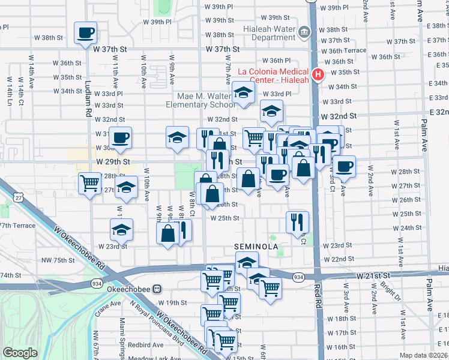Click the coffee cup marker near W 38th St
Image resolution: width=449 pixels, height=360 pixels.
(x=85, y=32)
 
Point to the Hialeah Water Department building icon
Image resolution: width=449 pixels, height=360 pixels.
(x=304, y=31)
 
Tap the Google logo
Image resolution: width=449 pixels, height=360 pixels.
(x=20, y=353)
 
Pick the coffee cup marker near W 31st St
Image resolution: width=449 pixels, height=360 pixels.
(x=120, y=138)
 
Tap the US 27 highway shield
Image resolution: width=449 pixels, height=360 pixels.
(x=20, y=196)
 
